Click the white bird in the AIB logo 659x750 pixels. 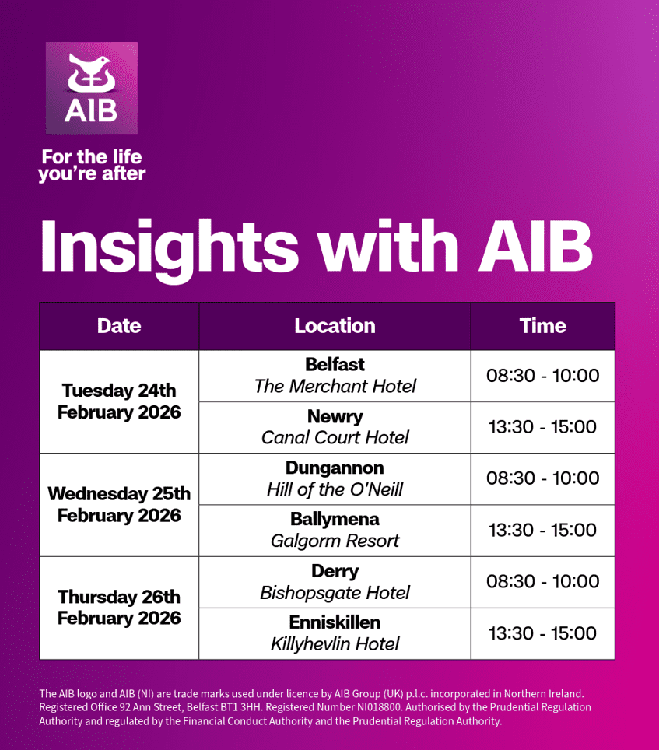[x=91, y=72]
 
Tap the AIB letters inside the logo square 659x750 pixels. [x=91, y=110]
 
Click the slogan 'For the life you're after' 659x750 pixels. [x=92, y=165]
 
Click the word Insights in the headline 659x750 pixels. [x=170, y=249]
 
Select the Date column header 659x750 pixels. [x=119, y=326]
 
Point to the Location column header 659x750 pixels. [x=335, y=326]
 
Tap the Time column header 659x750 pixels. [x=543, y=326]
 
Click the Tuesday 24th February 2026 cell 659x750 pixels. [x=119, y=401]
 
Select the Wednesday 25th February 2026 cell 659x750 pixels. [x=119, y=505]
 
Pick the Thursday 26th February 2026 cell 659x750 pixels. [x=119, y=608]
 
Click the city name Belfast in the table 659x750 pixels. [x=335, y=364]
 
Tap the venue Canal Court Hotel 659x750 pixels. [x=335, y=437]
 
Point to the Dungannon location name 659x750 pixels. [x=335, y=468]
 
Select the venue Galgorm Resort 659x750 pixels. [x=335, y=541]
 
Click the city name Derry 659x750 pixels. [x=335, y=571]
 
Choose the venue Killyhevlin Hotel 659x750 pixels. [x=335, y=644]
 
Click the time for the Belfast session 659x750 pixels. [x=543, y=376]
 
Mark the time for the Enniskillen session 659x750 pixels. [x=543, y=633]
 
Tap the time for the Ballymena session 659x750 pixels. [x=543, y=530]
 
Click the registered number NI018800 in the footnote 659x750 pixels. [x=379, y=707]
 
